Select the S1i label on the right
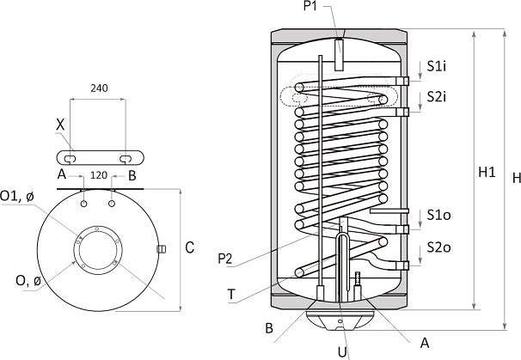tap(438, 65)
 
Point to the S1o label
tap(438, 214)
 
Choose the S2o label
tap(438, 248)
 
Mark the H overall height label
tap(513, 179)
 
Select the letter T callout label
tap(232, 294)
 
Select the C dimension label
tap(190, 248)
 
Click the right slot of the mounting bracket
tap(126, 157)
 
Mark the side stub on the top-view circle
tap(160, 249)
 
